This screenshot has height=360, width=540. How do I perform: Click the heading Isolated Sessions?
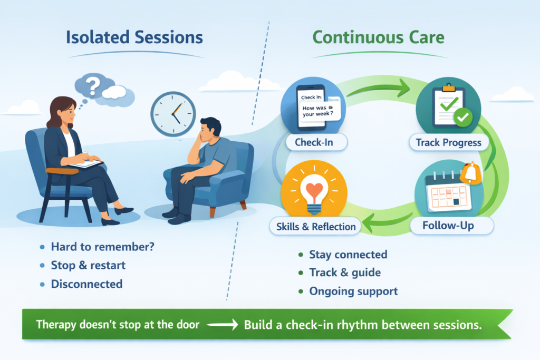tap(134, 38)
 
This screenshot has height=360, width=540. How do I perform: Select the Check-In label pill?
tap(310, 142)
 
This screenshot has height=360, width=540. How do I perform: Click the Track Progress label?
tap(448, 142)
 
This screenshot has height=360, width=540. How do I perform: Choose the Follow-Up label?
tap(448, 226)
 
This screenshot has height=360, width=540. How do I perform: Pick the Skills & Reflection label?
tap(315, 227)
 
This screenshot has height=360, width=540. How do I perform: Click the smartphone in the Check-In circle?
tap(307, 107)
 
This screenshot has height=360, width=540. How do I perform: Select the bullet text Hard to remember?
tap(102, 247)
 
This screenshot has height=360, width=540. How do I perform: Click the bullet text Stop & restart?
tap(88, 265)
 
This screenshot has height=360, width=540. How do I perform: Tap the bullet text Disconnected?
tap(86, 284)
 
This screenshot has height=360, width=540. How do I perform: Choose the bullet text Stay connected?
tap(348, 255)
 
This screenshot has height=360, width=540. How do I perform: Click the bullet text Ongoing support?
tap(353, 291)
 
